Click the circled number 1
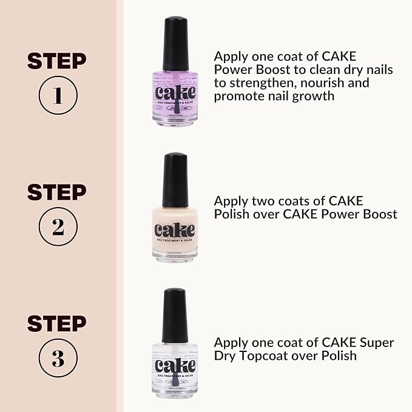tap(57, 96)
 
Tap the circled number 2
tap(57, 227)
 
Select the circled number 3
tap(57, 359)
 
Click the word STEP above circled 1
tap(57, 61)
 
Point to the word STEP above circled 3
tap(57, 323)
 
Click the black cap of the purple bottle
tap(175, 42)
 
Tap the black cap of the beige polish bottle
tap(175, 180)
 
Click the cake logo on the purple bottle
tap(175, 93)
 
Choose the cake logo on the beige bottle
tap(175, 230)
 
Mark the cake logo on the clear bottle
tap(175, 366)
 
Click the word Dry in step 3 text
tap(225, 356)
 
